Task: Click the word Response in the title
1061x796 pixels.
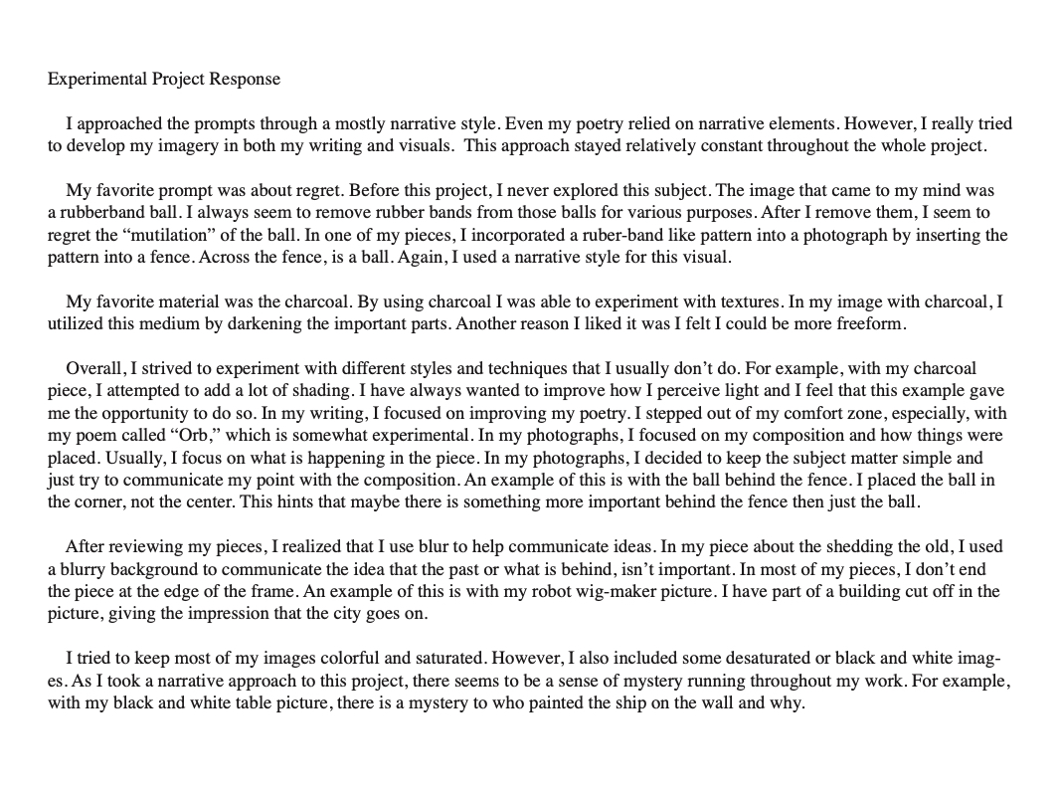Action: tap(245, 79)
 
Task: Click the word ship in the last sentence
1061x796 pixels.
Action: tap(595, 702)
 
